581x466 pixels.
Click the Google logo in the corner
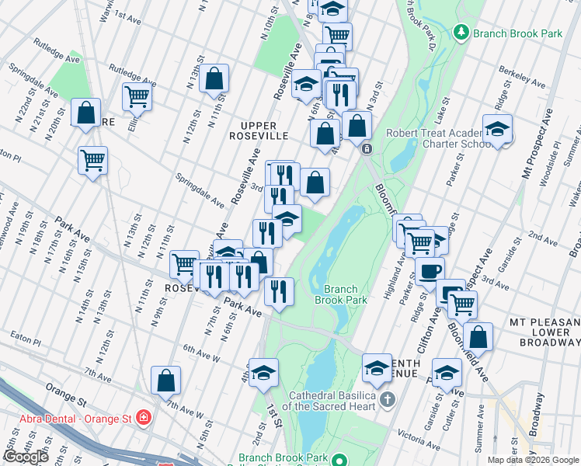pyautogui.click(x=26, y=457)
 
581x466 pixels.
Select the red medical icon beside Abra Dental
pyautogui.click(x=142, y=419)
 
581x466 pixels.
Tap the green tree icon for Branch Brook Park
pyautogui.click(x=462, y=33)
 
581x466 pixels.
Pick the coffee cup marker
pyautogui.click(x=430, y=271)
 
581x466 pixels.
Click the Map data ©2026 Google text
pyautogui.click(x=532, y=460)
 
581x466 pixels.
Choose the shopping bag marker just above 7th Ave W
pyautogui.click(x=166, y=380)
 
